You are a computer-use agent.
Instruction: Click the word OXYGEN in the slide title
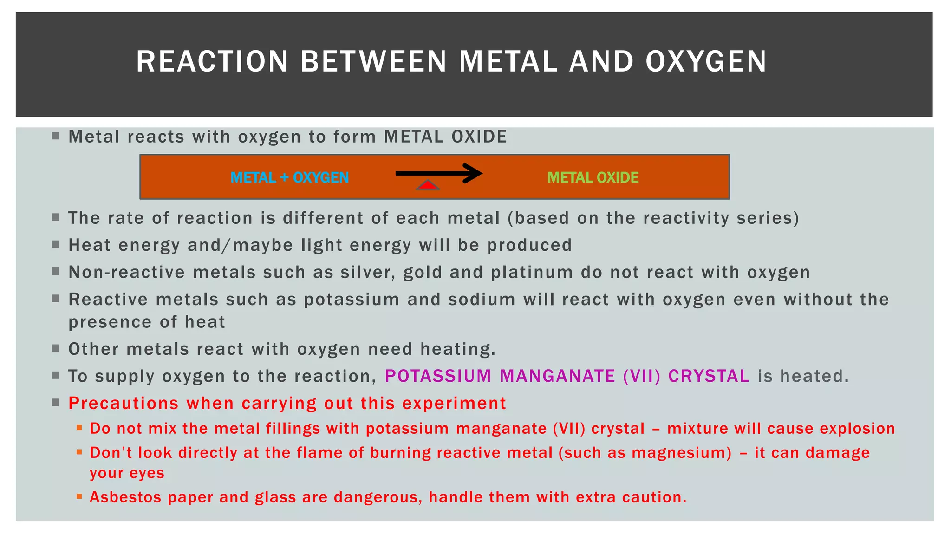coord(706,61)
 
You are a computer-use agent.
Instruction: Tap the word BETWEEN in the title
coord(373,61)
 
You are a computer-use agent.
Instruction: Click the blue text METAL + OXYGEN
coord(289,177)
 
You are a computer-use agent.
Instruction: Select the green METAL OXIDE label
coord(593,177)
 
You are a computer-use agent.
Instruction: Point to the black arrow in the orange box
coord(438,174)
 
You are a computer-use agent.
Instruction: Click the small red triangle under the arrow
coord(428,186)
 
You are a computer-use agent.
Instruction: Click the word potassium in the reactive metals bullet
coord(352,300)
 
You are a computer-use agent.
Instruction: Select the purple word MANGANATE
coord(557,376)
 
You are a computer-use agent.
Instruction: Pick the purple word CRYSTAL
coord(709,376)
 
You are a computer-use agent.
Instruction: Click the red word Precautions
coord(124,403)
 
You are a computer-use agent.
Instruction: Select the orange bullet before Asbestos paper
coord(79,496)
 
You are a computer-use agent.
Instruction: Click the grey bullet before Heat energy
coord(56,244)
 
